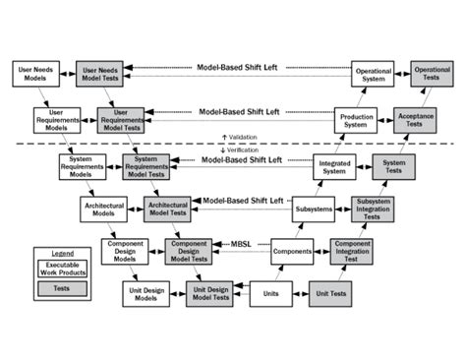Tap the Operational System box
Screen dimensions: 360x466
[373, 74]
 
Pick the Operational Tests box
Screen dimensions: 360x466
[433, 74]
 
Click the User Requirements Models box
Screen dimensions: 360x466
[56, 120]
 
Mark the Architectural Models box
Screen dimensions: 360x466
[104, 210]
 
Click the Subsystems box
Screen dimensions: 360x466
[314, 210]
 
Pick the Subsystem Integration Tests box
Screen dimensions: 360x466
[374, 210]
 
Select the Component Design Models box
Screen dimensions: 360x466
[125, 251]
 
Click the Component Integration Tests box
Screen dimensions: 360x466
[351, 251]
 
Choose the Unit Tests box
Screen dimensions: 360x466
[330, 293]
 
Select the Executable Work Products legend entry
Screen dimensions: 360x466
[60, 269]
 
